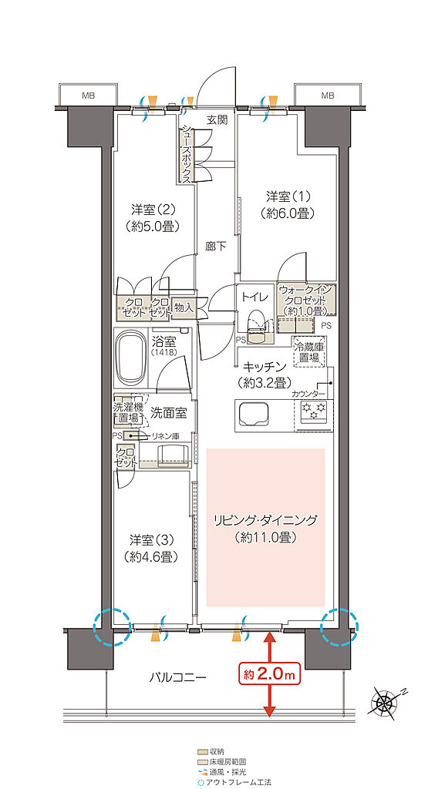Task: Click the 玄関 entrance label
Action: pos(216,120)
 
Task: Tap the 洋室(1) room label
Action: pos(279,205)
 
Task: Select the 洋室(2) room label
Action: pos(150,217)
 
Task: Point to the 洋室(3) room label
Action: pos(150,547)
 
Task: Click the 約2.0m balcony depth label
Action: pos(269,675)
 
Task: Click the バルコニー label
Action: pos(178,678)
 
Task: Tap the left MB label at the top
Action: pos(90,96)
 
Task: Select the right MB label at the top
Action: pos(328,96)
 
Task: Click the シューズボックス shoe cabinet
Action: pos(186,155)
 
